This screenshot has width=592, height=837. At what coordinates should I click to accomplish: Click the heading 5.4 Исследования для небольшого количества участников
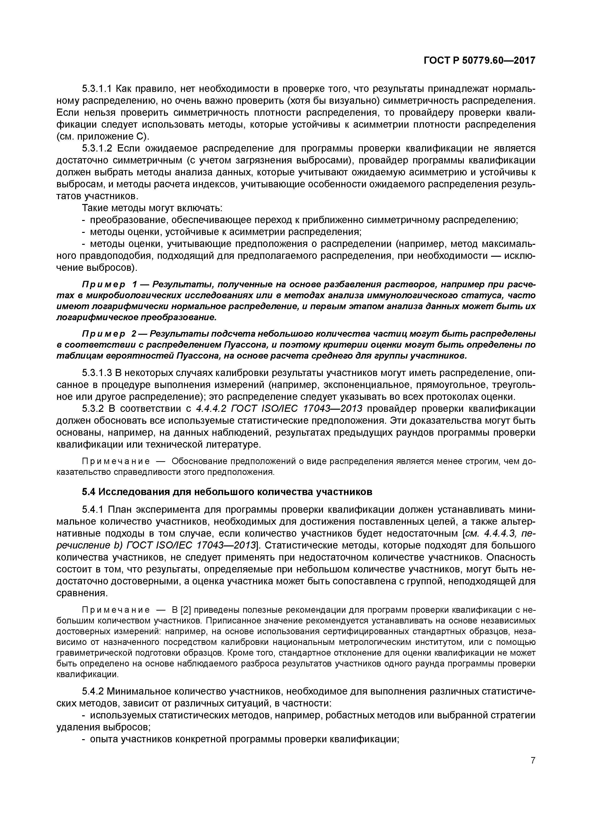pyautogui.click(x=227, y=492)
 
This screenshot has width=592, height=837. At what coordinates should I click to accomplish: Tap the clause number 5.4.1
pyautogui.click(x=93, y=510)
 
